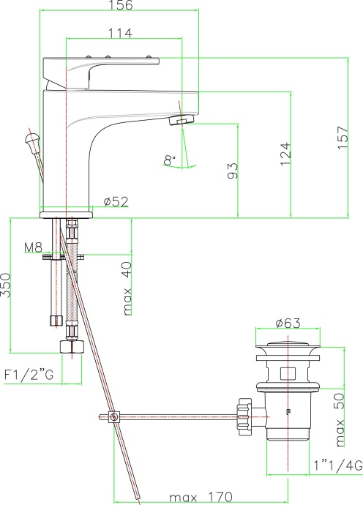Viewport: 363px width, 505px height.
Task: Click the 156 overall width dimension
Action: click(124, 6)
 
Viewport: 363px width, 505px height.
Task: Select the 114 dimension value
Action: click(119, 34)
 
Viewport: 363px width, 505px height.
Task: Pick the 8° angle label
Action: click(170, 160)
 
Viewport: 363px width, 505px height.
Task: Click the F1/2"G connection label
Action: click(29, 375)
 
